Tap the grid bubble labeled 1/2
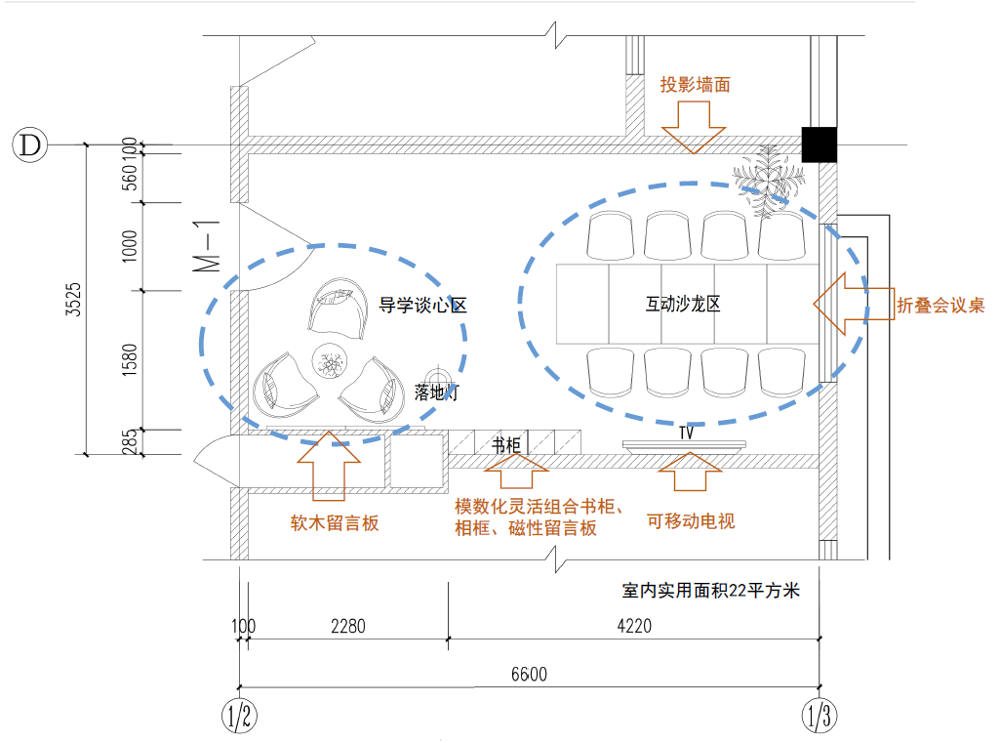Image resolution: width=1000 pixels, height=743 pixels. [x=239, y=717]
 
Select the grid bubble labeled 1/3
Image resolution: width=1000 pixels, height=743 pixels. [x=819, y=717]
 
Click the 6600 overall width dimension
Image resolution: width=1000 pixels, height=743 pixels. [x=529, y=675]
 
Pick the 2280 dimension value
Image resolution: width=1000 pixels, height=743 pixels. [x=347, y=627]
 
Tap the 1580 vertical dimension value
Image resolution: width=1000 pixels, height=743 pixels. [x=131, y=360]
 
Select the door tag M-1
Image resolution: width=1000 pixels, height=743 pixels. [x=206, y=245]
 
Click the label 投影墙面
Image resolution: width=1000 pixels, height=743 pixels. [x=695, y=85]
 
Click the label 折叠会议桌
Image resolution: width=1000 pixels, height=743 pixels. [x=940, y=306]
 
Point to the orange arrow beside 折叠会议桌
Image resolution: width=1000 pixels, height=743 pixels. [x=852, y=302]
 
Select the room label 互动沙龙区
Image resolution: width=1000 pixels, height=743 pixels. [x=683, y=305]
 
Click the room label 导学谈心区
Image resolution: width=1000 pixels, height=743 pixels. [x=422, y=306]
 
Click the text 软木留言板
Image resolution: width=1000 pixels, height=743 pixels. [x=335, y=523]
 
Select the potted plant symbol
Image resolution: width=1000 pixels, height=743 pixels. [x=770, y=177]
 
